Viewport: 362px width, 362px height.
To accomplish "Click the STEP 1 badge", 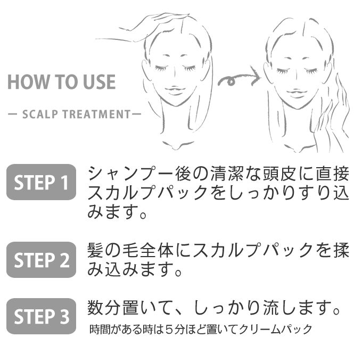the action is coord(41,182).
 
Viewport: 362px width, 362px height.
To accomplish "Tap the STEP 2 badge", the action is coord(41,260).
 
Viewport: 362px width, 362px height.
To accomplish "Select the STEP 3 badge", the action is coord(41,316).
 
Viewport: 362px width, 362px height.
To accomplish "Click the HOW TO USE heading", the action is coord(62,82).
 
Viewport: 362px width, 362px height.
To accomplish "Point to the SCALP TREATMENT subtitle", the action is coord(75,114).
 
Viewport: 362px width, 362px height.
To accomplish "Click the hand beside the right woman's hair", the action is coord(332,116).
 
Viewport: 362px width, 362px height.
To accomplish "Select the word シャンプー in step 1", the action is coord(131,174).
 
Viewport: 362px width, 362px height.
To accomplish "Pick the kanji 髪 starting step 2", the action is coord(96,250).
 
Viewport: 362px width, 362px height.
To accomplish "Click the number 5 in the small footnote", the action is coord(169,329).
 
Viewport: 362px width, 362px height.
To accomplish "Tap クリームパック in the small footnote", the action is coord(275,329).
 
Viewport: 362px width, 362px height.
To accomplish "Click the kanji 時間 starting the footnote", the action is coord(100,329).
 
